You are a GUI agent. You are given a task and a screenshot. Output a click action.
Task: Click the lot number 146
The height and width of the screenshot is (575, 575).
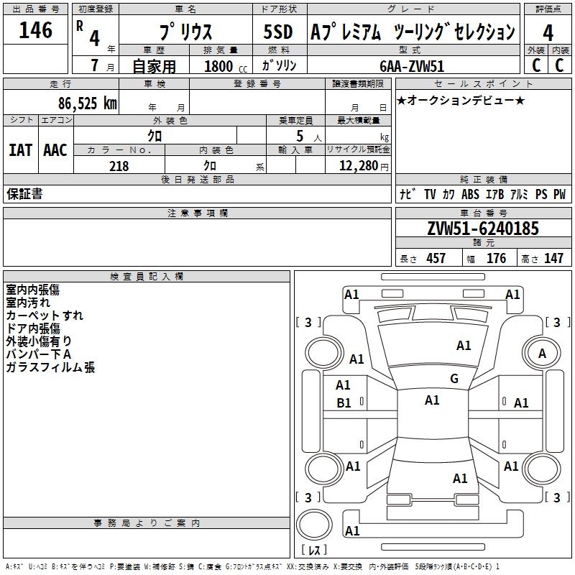(36, 30)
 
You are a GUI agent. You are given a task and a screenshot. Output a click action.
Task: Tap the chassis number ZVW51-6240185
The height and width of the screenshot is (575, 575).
(482, 229)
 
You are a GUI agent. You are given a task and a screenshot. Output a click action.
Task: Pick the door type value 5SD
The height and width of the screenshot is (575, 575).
(279, 32)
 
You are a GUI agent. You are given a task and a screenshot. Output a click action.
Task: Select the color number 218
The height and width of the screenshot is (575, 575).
(119, 166)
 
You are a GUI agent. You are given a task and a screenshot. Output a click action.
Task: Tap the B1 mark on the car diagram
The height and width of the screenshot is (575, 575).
(344, 403)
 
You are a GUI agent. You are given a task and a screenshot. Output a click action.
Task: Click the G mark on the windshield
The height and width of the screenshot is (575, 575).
(454, 379)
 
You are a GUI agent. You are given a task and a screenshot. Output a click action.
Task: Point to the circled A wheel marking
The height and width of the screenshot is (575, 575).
(542, 353)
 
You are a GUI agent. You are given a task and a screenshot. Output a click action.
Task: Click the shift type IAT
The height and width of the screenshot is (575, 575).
(20, 150)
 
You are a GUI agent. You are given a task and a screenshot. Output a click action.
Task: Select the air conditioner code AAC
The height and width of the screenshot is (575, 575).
(55, 150)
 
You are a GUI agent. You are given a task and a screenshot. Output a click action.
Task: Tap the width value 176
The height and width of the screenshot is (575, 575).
(496, 258)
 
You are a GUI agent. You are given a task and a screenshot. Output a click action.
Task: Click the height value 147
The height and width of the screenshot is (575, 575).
(553, 258)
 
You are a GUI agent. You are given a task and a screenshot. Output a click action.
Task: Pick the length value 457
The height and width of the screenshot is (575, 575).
(436, 258)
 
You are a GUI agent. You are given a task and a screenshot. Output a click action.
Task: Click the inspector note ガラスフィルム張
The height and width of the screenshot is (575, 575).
(50, 367)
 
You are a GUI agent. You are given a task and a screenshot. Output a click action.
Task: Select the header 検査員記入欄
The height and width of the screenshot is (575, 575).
(147, 276)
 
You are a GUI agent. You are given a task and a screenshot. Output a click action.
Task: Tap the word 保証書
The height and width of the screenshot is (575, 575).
(24, 194)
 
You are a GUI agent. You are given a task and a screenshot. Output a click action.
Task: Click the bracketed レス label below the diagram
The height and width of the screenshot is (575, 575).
(314, 551)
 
